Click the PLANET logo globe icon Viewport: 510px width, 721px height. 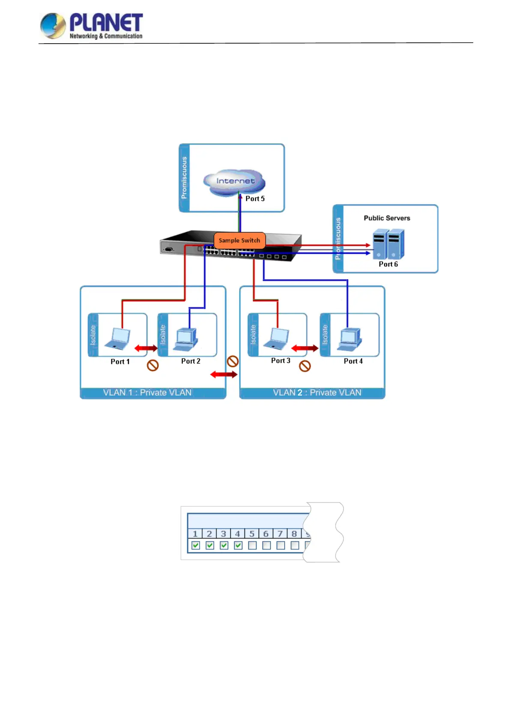tap(53, 25)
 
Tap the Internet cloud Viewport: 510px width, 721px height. tap(235, 182)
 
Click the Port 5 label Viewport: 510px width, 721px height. tap(255, 199)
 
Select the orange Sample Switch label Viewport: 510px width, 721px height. tap(239, 240)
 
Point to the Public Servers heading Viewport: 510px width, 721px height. tap(387, 218)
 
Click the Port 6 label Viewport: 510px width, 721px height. tap(388, 264)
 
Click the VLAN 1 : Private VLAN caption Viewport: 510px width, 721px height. tap(147, 393)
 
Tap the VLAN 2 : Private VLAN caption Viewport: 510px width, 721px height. tap(317, 393)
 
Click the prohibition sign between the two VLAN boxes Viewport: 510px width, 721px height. tap(233, 361)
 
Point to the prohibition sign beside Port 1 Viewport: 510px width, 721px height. tap(153, 365)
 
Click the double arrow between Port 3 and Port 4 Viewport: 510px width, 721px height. tap(305, 348)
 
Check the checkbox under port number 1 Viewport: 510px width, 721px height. tap(196, 545)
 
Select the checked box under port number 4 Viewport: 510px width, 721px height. tap(238, 545)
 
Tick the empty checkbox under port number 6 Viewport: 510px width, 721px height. tap(266, 545)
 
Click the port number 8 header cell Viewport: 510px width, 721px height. tap(294, 533)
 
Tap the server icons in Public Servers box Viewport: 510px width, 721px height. tap(388, 244)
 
